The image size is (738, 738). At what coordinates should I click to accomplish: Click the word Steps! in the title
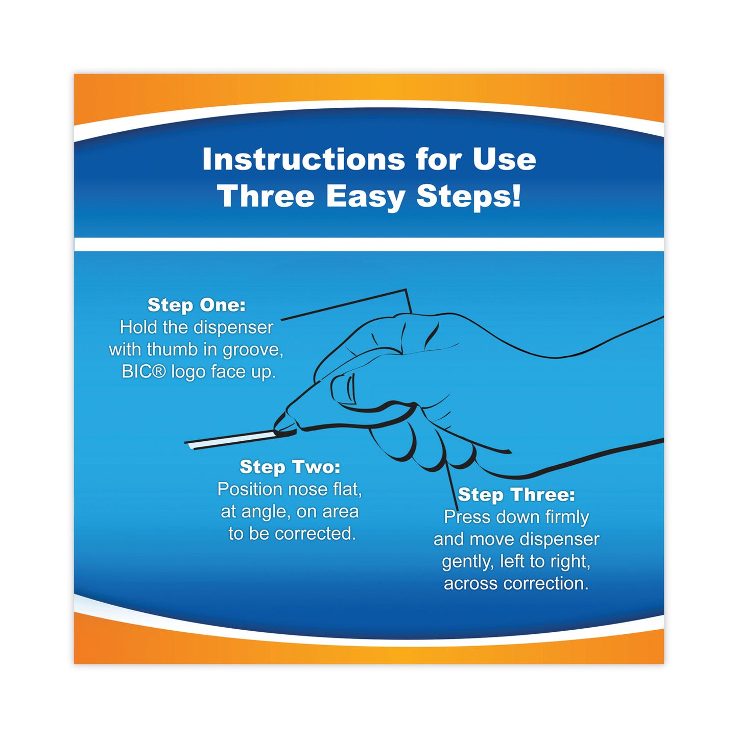[469, 197]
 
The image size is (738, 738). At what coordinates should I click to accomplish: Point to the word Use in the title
[504, 159]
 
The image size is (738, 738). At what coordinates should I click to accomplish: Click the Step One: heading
[197, 305]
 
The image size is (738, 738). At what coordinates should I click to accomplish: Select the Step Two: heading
[290, 467]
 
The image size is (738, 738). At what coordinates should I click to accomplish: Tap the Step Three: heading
[516, 494]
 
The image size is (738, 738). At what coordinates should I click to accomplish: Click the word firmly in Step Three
[566, 517]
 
